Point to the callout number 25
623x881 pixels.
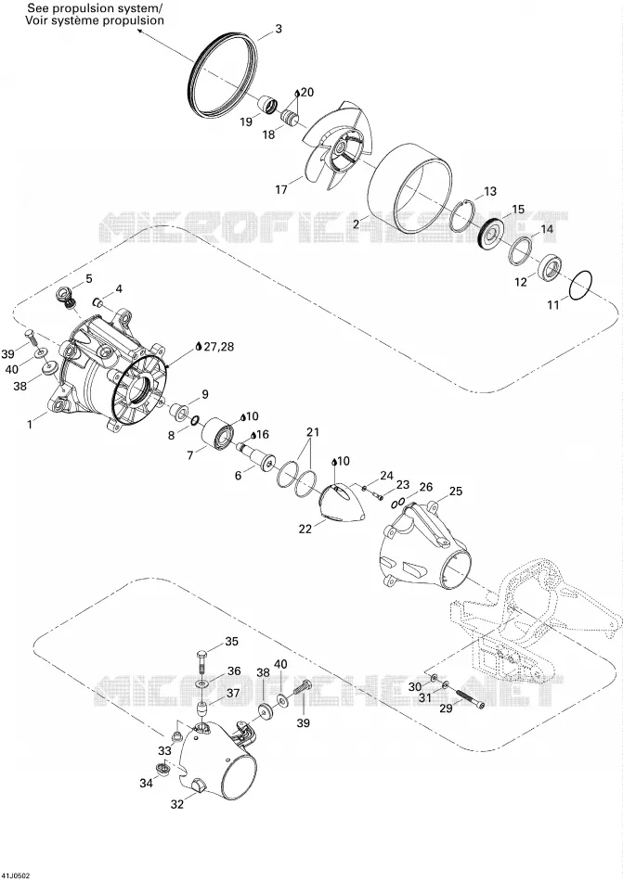point(456,492)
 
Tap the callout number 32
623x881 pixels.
point(177,805)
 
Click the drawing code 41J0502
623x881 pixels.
point(17,875)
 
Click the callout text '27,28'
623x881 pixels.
point(219,347)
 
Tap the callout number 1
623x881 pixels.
point(30,425)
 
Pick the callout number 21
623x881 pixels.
point(312,433)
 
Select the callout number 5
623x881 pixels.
point(89,278)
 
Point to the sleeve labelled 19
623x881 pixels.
point(267,104)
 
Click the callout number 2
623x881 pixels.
point(356,223)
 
